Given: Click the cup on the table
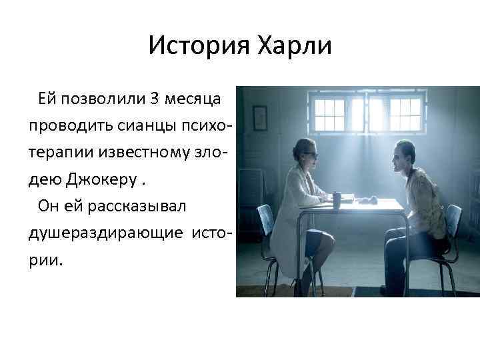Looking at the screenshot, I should tap(337, 198).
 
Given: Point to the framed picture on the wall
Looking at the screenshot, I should tap(260, 117).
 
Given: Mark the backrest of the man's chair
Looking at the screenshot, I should tap(454, 219).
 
